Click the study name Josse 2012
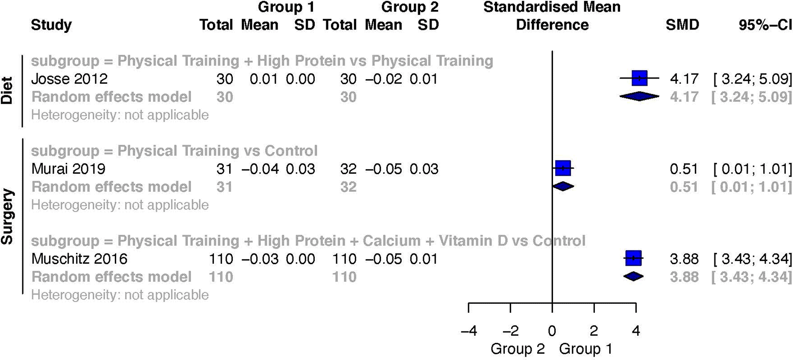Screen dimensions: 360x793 [70, 79]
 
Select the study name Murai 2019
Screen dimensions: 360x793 [69, 169]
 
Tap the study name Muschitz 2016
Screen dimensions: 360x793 [80, 259]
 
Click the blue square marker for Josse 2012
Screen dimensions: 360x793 [639, 78]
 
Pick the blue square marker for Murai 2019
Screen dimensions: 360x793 [563, 168]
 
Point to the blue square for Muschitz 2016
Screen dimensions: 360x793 [633, 258]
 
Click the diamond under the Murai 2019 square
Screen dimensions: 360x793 [563, 186]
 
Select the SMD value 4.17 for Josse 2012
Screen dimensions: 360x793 [684, 79]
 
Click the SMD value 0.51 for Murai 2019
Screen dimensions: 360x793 [684, 169]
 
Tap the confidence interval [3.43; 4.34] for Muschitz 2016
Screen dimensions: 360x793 [753, 259]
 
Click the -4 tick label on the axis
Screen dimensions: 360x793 [469, 330]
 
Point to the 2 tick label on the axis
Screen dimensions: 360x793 [593, 330]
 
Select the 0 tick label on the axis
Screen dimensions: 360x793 [552, 330]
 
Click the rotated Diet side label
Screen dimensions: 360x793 [7, 90]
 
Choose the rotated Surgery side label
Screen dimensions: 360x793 [7, 217]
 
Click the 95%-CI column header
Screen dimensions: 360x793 [765, 25]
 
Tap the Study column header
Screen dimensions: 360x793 [51, 25]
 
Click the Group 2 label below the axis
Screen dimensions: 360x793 [517, 349]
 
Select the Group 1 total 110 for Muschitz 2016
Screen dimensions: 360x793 [221, 259]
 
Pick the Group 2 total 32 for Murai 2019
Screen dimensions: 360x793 [348, 169]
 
